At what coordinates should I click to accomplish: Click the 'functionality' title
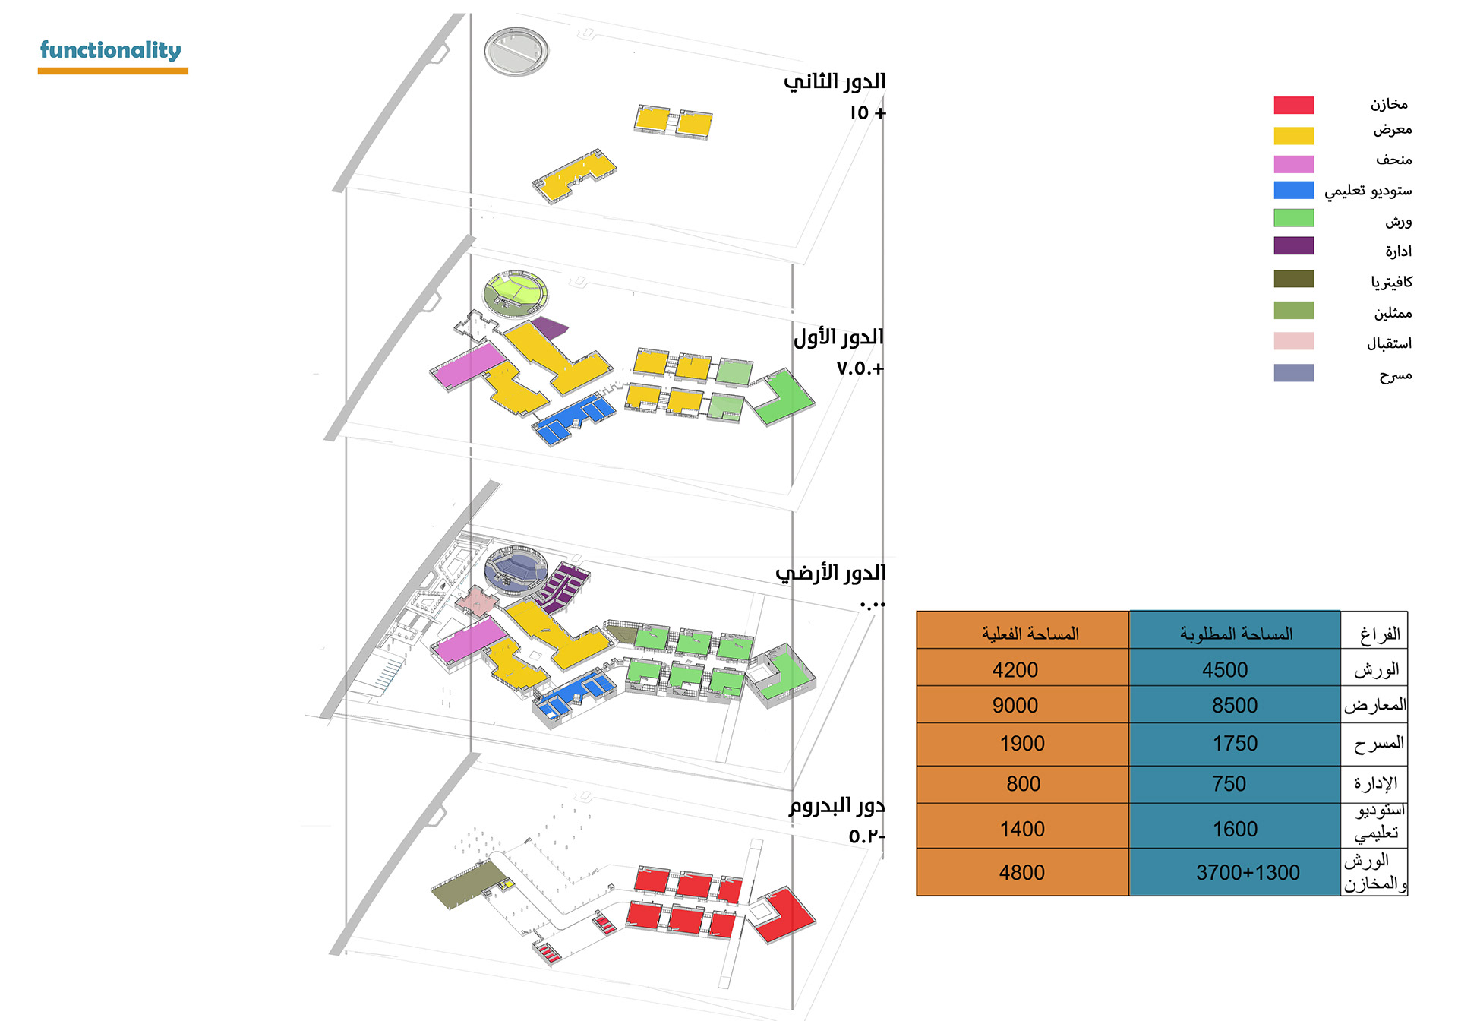[110, 50]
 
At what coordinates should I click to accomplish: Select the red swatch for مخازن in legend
[1293, 105]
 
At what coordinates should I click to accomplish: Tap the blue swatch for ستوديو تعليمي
[1293, 190]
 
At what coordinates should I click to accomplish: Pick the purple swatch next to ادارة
[1293, 245]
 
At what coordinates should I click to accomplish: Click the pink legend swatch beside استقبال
[1293, 341]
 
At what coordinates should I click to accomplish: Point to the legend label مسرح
[1396, 375]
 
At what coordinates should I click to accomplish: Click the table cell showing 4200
[1015, 670]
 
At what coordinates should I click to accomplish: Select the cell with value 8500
[1234, 706]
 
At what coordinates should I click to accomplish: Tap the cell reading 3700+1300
[1248, 872]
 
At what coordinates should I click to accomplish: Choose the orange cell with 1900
[1022, 744]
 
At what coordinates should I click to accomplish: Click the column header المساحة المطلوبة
[1236, 633]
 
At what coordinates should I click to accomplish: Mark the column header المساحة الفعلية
[1030, 633]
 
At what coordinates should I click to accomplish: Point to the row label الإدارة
[1375, 782]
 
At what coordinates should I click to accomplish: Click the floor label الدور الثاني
[835, 81]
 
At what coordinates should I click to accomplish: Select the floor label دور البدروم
[836, 806]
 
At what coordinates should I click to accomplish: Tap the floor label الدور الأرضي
[830, 573]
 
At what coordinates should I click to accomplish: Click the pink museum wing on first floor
[469, 365]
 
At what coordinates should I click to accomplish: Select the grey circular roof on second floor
[516, 51]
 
